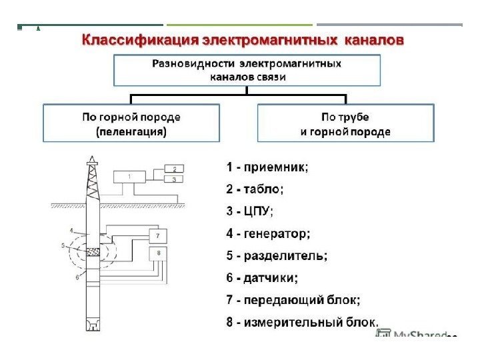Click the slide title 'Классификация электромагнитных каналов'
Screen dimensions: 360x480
243,41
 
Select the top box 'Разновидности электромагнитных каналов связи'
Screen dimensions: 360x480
247,71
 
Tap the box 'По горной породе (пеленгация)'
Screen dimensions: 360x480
131,123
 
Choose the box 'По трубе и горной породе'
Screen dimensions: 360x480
345,123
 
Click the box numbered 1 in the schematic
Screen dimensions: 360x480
131,176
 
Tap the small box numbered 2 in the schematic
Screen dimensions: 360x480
174,169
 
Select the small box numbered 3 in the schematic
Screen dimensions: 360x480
174,179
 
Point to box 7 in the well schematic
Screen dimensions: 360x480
158,236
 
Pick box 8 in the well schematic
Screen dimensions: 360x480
158,253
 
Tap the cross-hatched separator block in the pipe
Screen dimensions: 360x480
93,251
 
